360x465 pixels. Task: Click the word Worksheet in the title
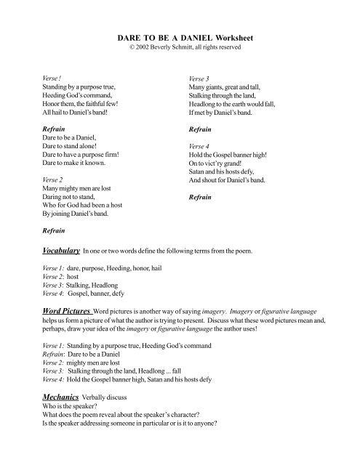click(229, 36)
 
